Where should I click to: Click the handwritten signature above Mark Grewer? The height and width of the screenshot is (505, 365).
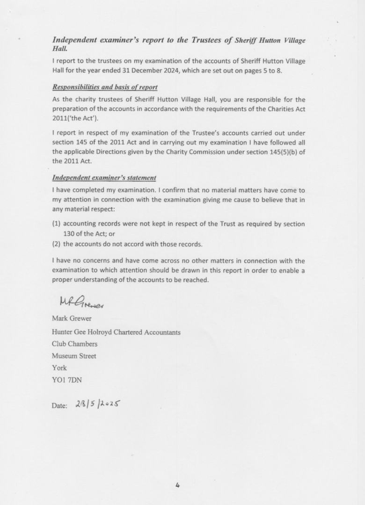81,303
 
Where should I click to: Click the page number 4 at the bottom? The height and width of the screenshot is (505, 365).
178,485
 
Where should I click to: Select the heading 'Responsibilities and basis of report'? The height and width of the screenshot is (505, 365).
105,87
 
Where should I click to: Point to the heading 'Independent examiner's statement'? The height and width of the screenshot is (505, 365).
104,178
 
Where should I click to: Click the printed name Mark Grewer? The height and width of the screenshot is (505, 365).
72,319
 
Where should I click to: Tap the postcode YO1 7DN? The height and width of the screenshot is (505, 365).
67,380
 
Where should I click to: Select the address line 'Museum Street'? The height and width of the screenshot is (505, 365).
74,356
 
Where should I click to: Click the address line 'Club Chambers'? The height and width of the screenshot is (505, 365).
75,344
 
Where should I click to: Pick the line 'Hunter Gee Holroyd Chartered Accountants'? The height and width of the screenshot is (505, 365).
116,332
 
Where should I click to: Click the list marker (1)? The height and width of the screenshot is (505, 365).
56,224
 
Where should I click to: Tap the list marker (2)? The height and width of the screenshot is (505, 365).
56,244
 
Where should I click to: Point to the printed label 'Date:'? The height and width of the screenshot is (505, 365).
59,406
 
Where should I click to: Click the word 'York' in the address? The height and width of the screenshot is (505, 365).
59,368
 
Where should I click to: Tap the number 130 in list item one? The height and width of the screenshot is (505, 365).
69,234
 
